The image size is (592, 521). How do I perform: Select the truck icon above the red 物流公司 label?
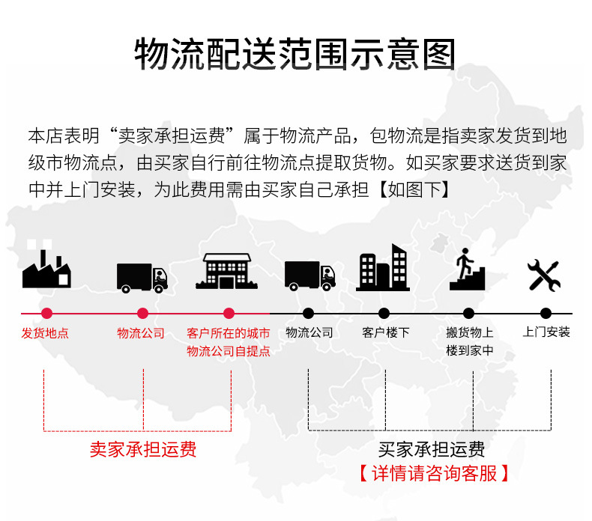142,277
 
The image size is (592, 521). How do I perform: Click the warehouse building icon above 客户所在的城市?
227,270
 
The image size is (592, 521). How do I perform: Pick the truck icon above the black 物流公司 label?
309,275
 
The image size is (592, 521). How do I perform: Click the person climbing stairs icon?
468,269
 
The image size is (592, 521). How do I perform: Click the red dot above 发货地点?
46,314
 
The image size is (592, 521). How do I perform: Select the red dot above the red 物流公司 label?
142,314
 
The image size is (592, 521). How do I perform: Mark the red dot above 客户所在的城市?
229,314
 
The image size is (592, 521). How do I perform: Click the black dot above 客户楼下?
384,314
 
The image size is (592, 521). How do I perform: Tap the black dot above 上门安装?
546,314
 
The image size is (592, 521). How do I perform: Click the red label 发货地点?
45,333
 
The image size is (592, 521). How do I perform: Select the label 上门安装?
546,332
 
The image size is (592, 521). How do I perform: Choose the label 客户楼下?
385,332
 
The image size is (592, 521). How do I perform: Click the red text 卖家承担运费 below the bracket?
143,450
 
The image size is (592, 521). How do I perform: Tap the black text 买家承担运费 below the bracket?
432,450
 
